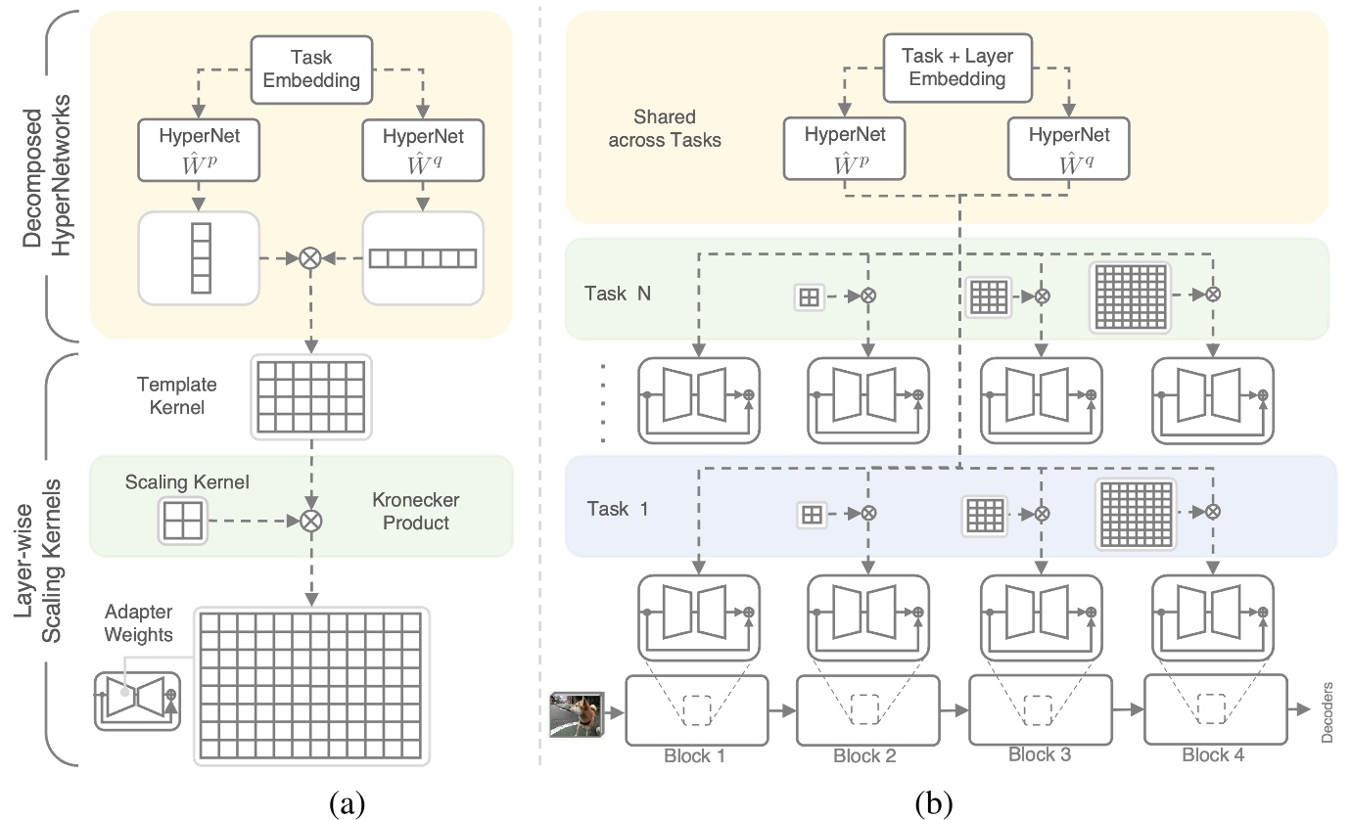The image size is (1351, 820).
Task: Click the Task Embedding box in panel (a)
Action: tap(312, 70)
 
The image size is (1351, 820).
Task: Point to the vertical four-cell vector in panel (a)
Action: tap(201, 257)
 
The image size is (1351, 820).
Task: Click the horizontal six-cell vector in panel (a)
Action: tap(422, 258)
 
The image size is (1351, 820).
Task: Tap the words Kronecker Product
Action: tap(415, 511)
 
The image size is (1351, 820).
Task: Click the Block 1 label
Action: tap(694, 755)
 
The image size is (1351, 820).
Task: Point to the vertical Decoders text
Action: tap(1328, 713)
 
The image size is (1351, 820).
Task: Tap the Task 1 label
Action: tap(617, 509)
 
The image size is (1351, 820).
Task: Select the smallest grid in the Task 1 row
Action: tap(810, 513)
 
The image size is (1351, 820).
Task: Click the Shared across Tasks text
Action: tap(665, 129)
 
